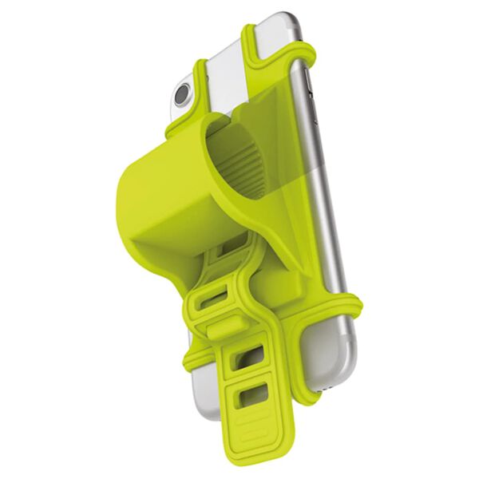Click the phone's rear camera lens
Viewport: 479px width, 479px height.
click(182, 93)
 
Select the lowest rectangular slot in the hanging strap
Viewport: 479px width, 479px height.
click(254, 396)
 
